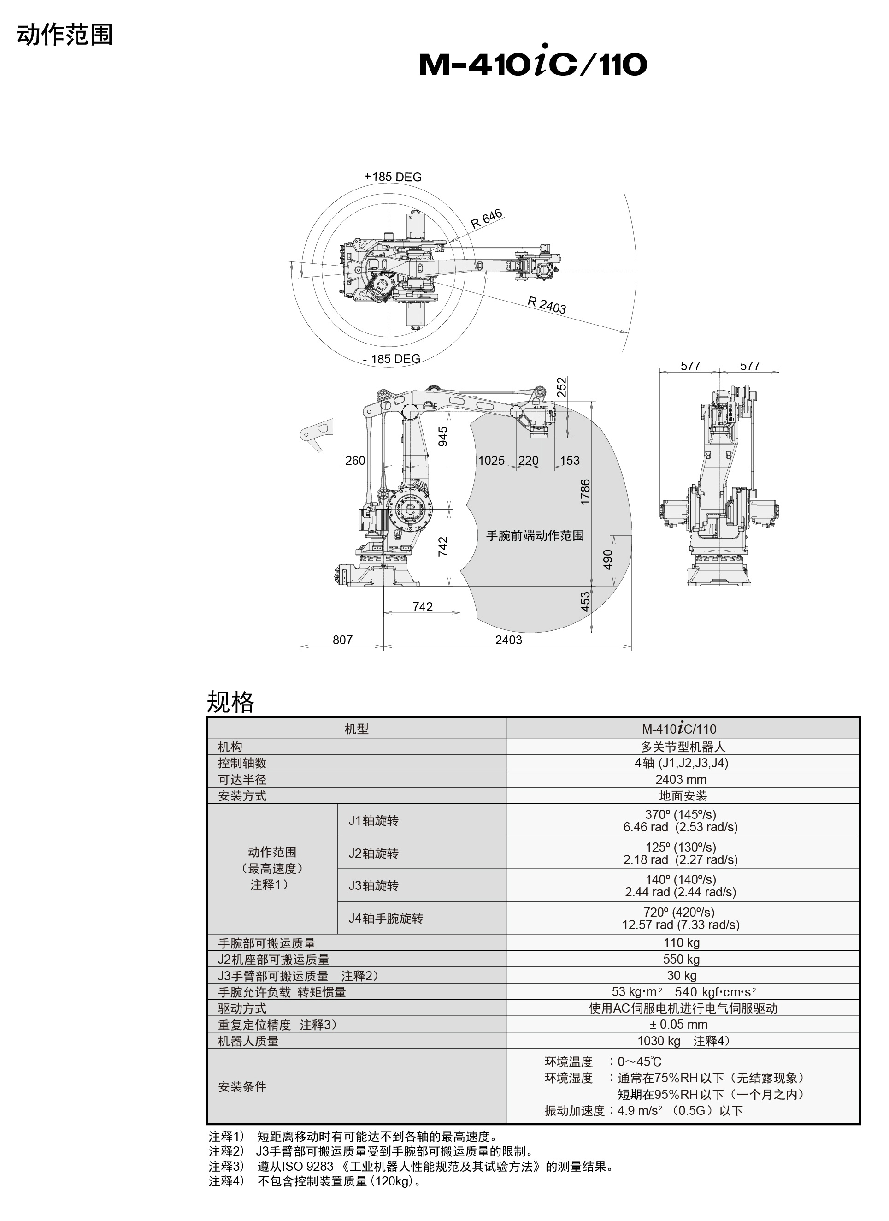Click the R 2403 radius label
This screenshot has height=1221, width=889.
546,305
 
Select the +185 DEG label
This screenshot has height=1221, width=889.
393,177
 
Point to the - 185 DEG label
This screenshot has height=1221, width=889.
391,359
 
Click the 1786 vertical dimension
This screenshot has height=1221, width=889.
585,492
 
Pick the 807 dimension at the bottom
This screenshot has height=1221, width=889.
342,640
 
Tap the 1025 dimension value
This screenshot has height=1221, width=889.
491,460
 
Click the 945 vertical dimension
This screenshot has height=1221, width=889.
443,436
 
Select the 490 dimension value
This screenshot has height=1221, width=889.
607,559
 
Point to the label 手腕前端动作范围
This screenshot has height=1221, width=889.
535,536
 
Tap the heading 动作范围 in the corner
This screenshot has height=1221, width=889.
65,35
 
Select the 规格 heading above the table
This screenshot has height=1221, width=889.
230,702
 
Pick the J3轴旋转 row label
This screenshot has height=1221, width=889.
373,886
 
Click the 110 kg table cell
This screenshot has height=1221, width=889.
681,942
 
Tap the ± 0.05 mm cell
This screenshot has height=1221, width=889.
681,1024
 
